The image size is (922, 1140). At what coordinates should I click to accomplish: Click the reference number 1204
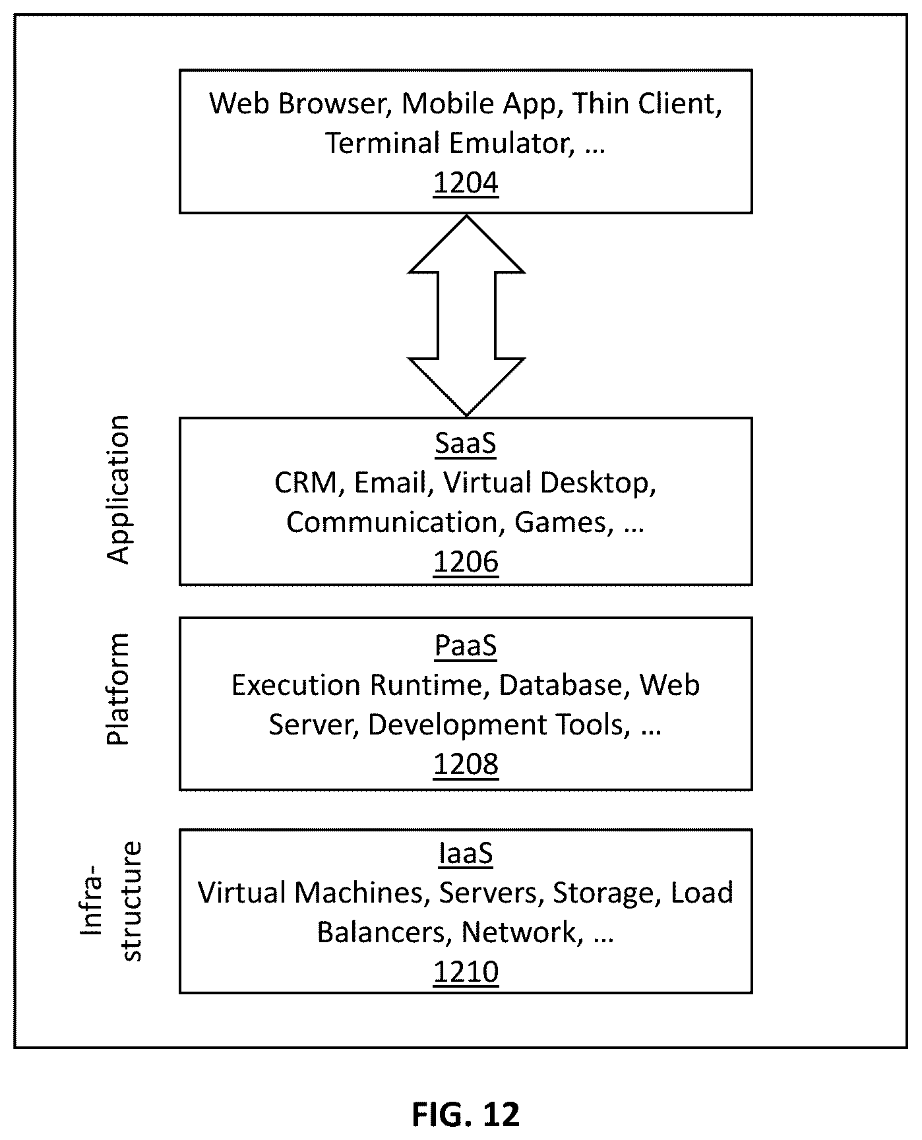pos(466,183)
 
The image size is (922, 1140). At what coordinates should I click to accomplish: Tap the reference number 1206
pos(466,562)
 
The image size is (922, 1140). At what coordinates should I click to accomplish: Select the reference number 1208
pos(466,764)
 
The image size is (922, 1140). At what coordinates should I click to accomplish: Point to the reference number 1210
pos(466,972)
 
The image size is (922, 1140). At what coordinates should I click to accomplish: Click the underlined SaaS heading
pos(466,444)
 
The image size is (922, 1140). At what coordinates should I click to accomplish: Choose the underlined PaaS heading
pos(466,645)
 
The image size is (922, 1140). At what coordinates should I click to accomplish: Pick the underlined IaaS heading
pos(466,854)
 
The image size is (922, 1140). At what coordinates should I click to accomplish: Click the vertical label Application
pos(119,489)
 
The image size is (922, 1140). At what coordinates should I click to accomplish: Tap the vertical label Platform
pos(118,689)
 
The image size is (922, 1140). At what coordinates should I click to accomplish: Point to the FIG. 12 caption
pos(466,1114)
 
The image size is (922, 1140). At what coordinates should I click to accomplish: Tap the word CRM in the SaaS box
pos(306,483)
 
